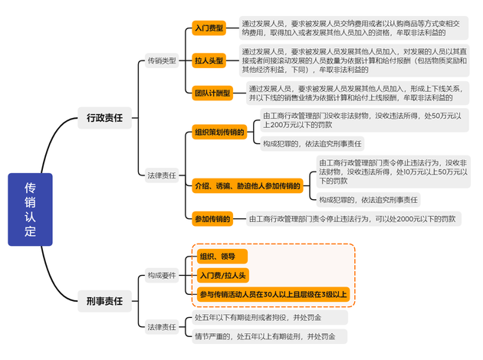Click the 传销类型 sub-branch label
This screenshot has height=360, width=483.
pos(161,61)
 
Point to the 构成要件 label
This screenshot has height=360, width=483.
pos(161,275)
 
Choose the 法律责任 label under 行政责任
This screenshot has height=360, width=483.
pos(161,175)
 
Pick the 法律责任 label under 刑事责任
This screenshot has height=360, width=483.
pos(161,327)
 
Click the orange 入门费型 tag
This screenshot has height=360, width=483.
pos(209,28)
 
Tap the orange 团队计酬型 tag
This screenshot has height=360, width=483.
pos(212,93)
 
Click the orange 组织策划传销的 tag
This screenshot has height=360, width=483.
pos(219,132)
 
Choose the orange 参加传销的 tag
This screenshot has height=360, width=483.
pos(212,219)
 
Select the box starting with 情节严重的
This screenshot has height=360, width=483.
pos(268,336)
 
